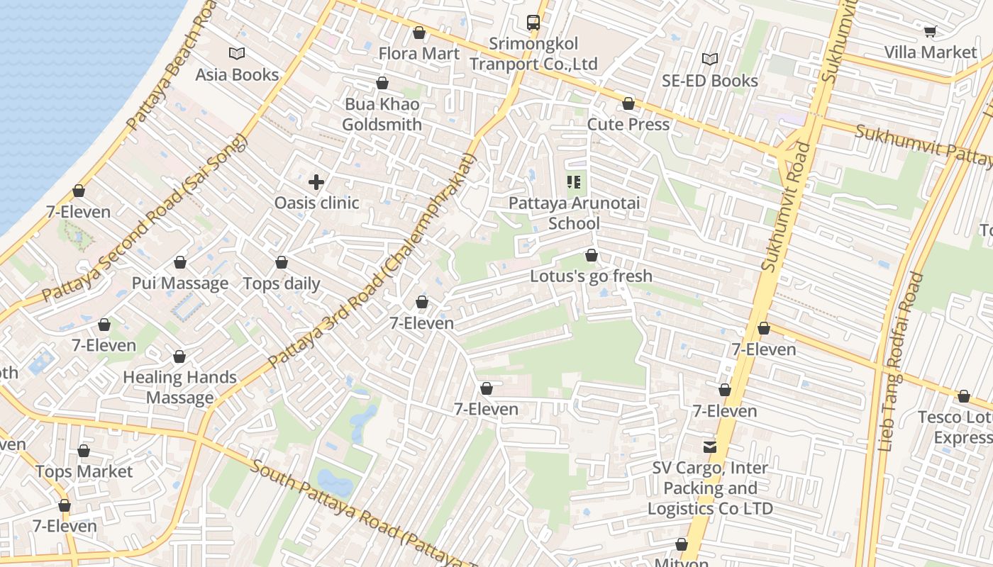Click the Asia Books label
point(237,74)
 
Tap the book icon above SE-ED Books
point(710,60)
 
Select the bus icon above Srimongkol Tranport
point(533,23)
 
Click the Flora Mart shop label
point(418,54)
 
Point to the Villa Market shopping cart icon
point(930,31)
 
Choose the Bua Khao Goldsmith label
point(382,114)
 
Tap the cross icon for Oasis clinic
point(316,182)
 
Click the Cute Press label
point(628,125)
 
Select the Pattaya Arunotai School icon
point(575,182)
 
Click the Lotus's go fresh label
point(591,276)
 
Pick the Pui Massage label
point(180,283)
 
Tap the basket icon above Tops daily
point(282,263)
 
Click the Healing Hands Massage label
point(180,388)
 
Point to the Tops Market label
point(84,471)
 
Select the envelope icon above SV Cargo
point(710,447)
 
